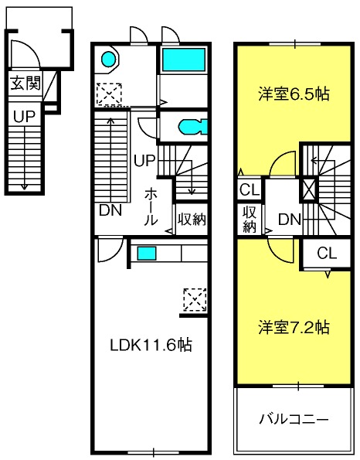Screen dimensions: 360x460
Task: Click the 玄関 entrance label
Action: (x=25, y=83)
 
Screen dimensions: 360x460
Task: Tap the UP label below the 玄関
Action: (x=24, y=117)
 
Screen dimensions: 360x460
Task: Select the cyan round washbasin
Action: (x=108, y=59)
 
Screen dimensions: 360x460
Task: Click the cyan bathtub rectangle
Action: (x=184, y=60)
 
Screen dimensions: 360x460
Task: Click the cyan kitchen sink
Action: (x=147, y=253)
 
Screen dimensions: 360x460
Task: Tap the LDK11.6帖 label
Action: (x=151, y=346)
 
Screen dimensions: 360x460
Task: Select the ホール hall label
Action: (x=151, y=207)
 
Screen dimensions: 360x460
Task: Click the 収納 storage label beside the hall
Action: (x=192, y=219)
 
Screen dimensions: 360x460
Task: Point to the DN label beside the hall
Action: (x=110, y=210)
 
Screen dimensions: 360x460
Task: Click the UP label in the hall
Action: (x=144, y=161)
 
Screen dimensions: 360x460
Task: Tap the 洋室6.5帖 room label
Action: (x=294, y=94)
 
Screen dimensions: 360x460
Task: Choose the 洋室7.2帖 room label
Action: (x=294, y=327)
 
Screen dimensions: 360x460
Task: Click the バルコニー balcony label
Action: (x=294, y=420)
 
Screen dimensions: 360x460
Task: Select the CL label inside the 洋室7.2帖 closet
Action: (x=327, y=253)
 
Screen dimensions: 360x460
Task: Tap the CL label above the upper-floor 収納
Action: (x=250, y=190)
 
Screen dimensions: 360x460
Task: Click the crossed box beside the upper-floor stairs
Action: (x=308, y=189)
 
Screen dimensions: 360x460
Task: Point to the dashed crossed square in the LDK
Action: (x=195, y=300)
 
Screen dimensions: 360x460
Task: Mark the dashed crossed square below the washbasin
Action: (x=109, y=94)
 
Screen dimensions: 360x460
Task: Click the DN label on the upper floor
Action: (x=290, y=219)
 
